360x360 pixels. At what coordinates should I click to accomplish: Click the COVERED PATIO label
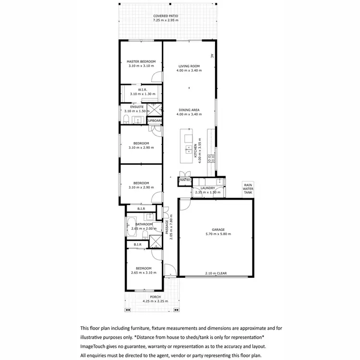(x=166, y=16)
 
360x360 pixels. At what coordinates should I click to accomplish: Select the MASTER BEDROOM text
(x=141, y=61)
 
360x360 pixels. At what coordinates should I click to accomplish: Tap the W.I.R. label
(x=142, y=89)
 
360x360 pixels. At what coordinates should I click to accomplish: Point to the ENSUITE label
(x=130, y=107)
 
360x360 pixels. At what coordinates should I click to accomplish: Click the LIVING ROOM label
(x=189, y=66)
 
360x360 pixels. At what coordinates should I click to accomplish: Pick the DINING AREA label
(x=189, y=110)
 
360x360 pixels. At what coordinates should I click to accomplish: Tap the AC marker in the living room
(x=212, y=56)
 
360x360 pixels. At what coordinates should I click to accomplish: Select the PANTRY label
(x=185, y=180)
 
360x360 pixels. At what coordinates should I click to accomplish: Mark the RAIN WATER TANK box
(x=248, y=189)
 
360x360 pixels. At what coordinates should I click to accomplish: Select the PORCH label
(x=155, y=298)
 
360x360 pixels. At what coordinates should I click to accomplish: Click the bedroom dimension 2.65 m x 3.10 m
(x=141, y=273)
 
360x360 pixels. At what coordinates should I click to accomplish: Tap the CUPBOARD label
(x=155, y=120)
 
